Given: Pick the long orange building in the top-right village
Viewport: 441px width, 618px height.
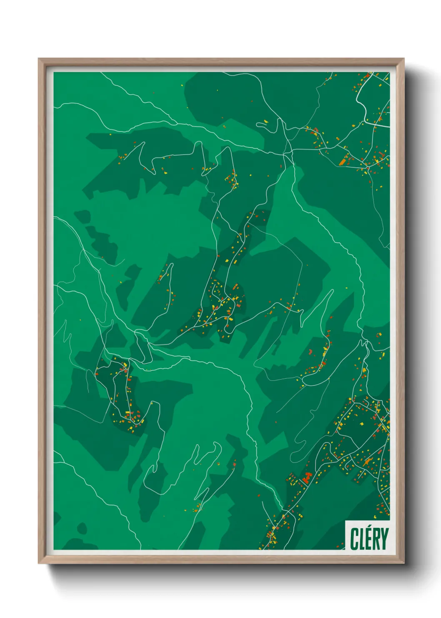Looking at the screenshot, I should tap(344, 160).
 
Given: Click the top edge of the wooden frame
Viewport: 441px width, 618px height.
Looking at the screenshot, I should tap(221, 61).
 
